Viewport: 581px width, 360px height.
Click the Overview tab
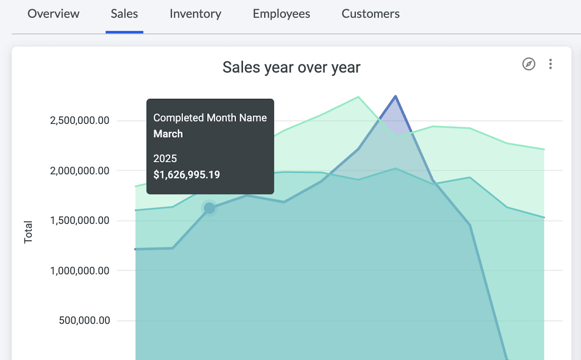coord(53,14)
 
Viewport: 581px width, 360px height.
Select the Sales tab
coord(124,14)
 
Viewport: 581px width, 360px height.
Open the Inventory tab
coord(195,14)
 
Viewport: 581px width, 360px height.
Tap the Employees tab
coord(281,14)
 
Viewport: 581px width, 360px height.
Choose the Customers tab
coord(371,14)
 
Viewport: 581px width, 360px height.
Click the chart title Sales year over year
coord(291,67)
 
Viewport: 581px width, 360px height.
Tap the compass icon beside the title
coord(529,64)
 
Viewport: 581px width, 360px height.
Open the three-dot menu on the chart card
coord(550,64)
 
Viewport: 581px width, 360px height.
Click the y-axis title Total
coord(28,232)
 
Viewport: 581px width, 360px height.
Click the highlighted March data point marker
coord(210,208)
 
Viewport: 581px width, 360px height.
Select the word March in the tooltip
coord(168,134)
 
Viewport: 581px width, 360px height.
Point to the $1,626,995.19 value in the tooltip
coord(186,174)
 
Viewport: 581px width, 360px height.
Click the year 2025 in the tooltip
coord(165,159)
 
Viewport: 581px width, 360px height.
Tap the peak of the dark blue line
coord(396,96)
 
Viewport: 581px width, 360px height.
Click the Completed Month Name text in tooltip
coord(210,118)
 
